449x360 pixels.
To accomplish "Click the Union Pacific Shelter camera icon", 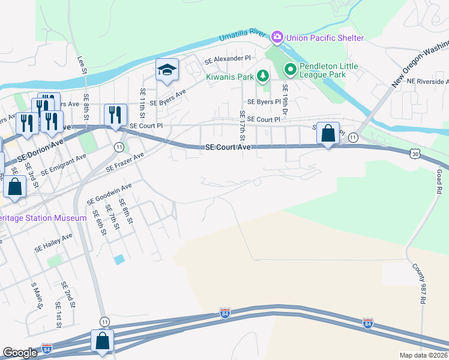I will click(x=277, y=38).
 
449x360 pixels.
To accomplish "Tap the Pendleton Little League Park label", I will click(x=329, y=70).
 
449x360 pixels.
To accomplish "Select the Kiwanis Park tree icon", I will click(x=262, y=76).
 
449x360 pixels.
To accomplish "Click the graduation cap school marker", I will click(x=167, y=71).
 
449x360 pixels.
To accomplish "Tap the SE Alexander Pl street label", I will click(x=228, y=60).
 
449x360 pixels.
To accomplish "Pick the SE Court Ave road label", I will click(x=228, y=147).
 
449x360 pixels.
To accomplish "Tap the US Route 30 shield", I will click(x=415, y=154).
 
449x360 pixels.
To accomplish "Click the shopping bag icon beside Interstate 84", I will click(x=103, y=341).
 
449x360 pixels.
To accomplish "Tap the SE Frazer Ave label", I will click(x=125, y=163).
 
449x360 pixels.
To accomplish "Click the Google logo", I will click(x=20, y=353).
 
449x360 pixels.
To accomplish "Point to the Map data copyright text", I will click(x=424, y=355).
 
